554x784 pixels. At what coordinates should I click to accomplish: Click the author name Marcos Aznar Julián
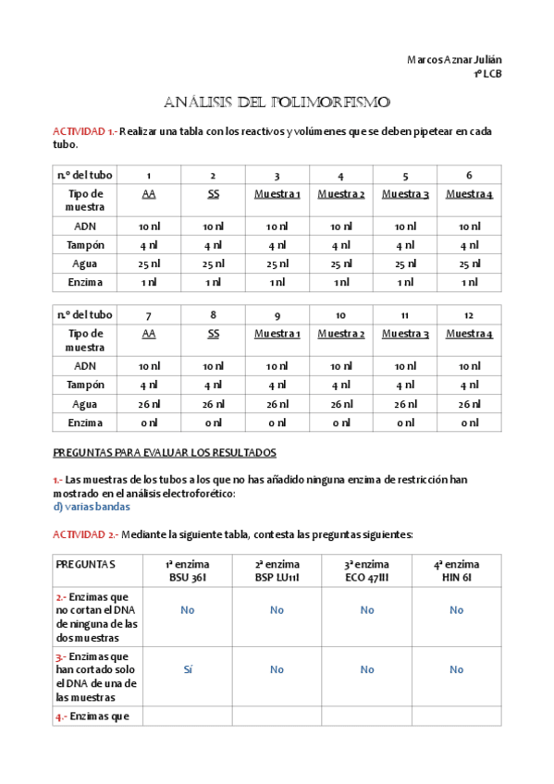(x=454, y=59)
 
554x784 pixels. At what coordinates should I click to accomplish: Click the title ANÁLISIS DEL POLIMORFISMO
(x=277, y=101)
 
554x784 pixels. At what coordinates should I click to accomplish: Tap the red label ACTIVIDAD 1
(x=83, y=131)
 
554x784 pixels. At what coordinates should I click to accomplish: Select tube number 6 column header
(x=469, y=176)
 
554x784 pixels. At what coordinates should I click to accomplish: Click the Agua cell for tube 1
(x=148, y=263)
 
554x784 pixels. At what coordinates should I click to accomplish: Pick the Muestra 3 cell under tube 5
(x=405, y=194)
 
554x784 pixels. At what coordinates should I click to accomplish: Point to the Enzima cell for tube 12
(x=469, y=423)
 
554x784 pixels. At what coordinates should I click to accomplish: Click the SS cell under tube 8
(x=213, y=334)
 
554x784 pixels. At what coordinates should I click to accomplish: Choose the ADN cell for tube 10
(x=341, y=366)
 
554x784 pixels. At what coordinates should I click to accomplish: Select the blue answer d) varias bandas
(x=92, y=507)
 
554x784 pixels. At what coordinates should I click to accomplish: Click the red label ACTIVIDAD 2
(x=83, y=534)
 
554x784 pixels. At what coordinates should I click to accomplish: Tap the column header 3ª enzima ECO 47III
(x=366, y=570)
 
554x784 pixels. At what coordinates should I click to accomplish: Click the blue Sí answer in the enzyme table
(x=188, y=668)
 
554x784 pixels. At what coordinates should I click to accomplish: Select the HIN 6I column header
(x=457, y=577)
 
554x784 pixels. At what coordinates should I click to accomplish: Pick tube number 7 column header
(x=148, y=315)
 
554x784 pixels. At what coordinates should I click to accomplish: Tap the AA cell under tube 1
(x=148, y=194)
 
